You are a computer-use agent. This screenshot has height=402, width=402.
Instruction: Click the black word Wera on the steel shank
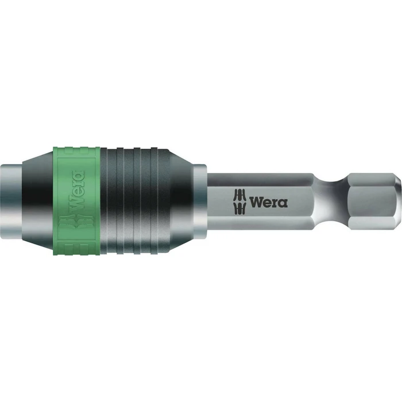(x=268, y=202)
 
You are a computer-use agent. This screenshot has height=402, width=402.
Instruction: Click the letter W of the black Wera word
(x=257, y=202)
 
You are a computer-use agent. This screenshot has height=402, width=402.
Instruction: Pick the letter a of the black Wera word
(x=283, y=203)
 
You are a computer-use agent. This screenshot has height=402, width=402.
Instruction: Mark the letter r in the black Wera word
(x=276, y=203)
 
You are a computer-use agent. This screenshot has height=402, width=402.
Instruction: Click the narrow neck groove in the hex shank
(x=339, y=201)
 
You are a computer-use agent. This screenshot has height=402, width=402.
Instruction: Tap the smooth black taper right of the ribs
(x=175, y=201)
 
